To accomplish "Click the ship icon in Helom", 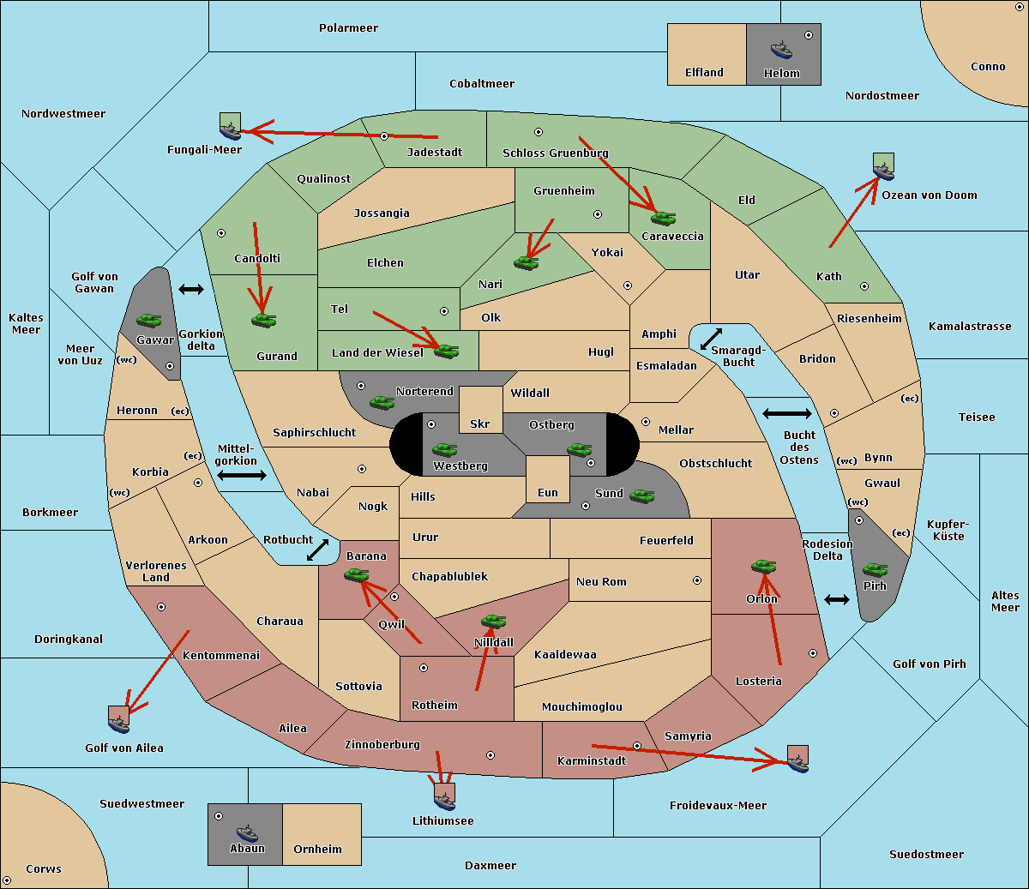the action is [x=781, y=50].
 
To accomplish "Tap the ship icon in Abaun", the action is [x=247, y=832].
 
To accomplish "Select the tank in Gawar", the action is [x=148, y=320].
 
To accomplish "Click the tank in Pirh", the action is [x=875, y=569].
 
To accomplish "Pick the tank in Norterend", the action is [x=382, y=402].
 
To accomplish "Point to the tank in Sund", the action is [x=641, y=496].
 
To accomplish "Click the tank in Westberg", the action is [x=444, y=449].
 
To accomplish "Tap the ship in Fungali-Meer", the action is [x=230, y=126].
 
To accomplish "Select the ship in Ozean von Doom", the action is [x=883, y=167].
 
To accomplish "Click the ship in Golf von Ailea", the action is [x=118, y=720].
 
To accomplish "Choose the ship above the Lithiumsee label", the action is [x=444, y=797].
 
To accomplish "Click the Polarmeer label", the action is [x=348, y=28].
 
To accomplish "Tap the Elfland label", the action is [x=704, y=73].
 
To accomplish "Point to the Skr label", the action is [x=479, y=423].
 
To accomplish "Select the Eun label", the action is [x=548, y=493].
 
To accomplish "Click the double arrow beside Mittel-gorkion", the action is [x=242, y=475].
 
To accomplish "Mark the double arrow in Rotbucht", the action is [x=317, y=550].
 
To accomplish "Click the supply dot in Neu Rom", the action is [x=697, y=580].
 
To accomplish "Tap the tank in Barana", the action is [x=356, y=575].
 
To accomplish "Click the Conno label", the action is [x=988, y=67].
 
